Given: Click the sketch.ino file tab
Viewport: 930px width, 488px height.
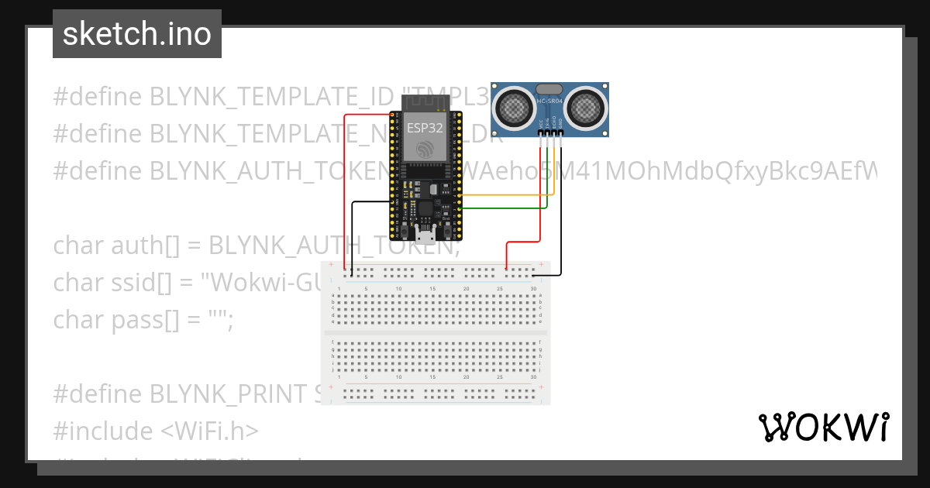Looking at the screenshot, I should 137,34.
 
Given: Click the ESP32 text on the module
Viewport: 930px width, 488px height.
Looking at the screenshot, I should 425,127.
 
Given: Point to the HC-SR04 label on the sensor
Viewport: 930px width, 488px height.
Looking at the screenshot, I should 549,102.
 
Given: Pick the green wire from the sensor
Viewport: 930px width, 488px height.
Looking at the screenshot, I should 504,208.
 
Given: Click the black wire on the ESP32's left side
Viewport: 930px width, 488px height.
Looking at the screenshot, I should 353,232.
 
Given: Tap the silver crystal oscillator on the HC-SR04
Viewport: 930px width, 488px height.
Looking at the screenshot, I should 549,90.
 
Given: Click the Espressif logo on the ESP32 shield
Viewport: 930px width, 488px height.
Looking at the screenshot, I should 425,147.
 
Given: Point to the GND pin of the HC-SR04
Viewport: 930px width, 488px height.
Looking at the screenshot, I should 560,133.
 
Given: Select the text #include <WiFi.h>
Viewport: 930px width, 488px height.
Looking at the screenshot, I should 156,431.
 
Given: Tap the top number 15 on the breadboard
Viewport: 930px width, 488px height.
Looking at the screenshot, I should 432,289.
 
